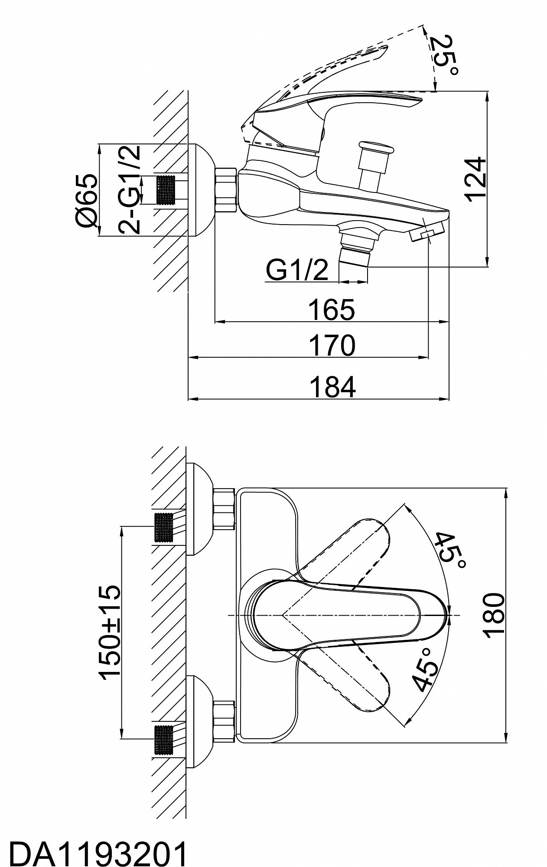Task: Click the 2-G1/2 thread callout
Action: coord(130,189)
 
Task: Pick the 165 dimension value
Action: coord(331,310)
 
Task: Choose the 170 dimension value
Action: coord(331,345)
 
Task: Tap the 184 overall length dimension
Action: coord(332,387)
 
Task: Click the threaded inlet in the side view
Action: coord(166,190)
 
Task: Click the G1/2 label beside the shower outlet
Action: coord(297,271)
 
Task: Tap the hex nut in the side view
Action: coord(225,190)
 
